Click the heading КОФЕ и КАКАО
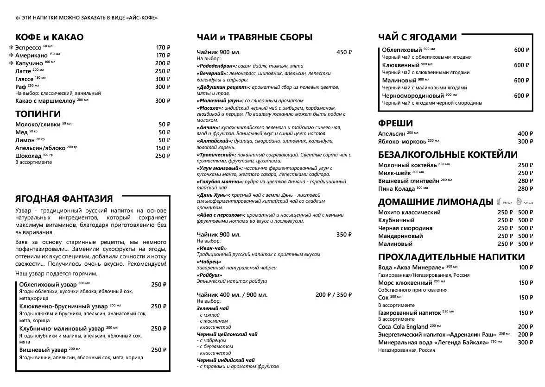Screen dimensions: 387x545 point(49,37)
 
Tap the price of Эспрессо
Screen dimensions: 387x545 point(163,48)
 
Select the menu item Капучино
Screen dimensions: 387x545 point(30,63)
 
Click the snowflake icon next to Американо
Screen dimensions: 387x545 point(11,56)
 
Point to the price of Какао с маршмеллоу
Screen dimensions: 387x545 point(163,101)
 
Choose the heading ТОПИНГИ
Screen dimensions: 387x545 point(38,114)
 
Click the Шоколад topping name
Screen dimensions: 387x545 point(29,156)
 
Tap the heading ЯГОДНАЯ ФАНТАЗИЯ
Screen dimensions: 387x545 point(64,199)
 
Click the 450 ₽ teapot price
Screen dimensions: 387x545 point(344,52)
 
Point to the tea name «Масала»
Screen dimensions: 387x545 point(209,107)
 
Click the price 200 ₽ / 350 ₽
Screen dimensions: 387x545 point(334,294)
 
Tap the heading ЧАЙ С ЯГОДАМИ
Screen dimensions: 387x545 point(417,37)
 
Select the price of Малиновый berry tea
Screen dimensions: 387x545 point(521,81)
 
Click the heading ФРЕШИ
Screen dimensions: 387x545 point(395,123)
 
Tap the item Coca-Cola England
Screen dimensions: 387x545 point(403,326)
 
